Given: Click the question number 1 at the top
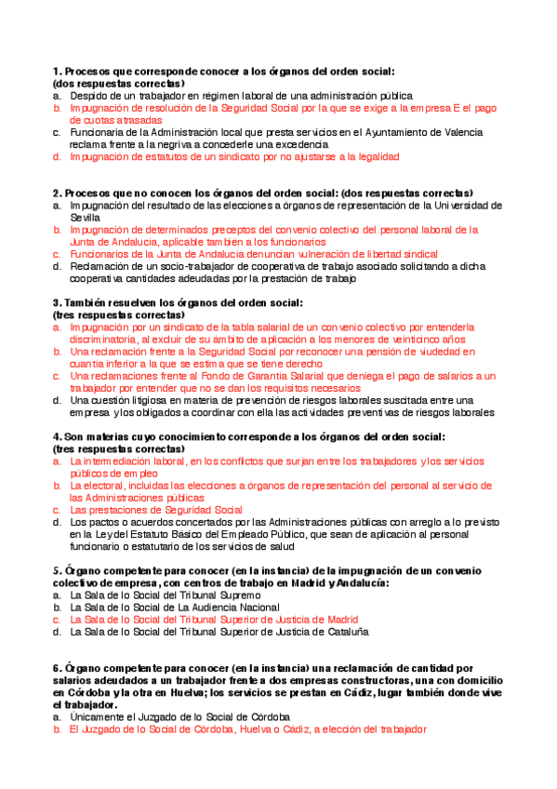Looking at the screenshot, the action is pos(57,71).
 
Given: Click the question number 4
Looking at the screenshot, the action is pos(57,436).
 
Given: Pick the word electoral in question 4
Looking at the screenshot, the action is pos(112,486).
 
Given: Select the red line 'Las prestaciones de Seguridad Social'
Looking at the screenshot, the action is pos(156,510).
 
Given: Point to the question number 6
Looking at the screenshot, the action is pos(57,668).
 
